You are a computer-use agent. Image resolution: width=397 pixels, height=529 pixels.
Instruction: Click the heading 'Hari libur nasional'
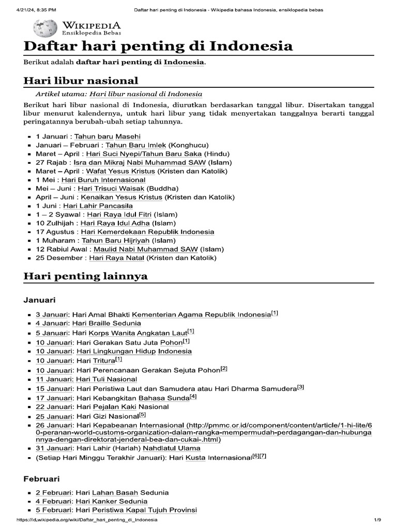[81, 81]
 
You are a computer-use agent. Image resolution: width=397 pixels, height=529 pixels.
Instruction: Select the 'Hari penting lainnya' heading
[86, 276]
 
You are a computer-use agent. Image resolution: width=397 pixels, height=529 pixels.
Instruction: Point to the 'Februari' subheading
[42, 478]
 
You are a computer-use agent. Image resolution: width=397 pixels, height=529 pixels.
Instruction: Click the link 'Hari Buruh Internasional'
[103, 180]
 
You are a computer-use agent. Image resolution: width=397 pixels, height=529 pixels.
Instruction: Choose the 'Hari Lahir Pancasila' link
[105, 206]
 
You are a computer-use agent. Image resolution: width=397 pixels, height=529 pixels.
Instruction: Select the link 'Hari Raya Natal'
[117, 257]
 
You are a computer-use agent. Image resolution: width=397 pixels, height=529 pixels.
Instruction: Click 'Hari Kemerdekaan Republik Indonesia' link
[147, 231]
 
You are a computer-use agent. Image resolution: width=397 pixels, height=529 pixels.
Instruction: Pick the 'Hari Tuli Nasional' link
[106, 379]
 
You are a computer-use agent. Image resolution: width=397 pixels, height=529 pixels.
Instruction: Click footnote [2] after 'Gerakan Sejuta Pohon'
[224, 369]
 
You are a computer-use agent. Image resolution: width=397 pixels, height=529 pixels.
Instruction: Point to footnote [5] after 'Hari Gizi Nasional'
[143, 414]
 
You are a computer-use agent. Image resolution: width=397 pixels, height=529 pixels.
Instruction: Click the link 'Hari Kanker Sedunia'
[111, 501]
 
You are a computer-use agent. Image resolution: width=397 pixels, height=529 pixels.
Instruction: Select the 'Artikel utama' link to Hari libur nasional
[146, 94]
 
